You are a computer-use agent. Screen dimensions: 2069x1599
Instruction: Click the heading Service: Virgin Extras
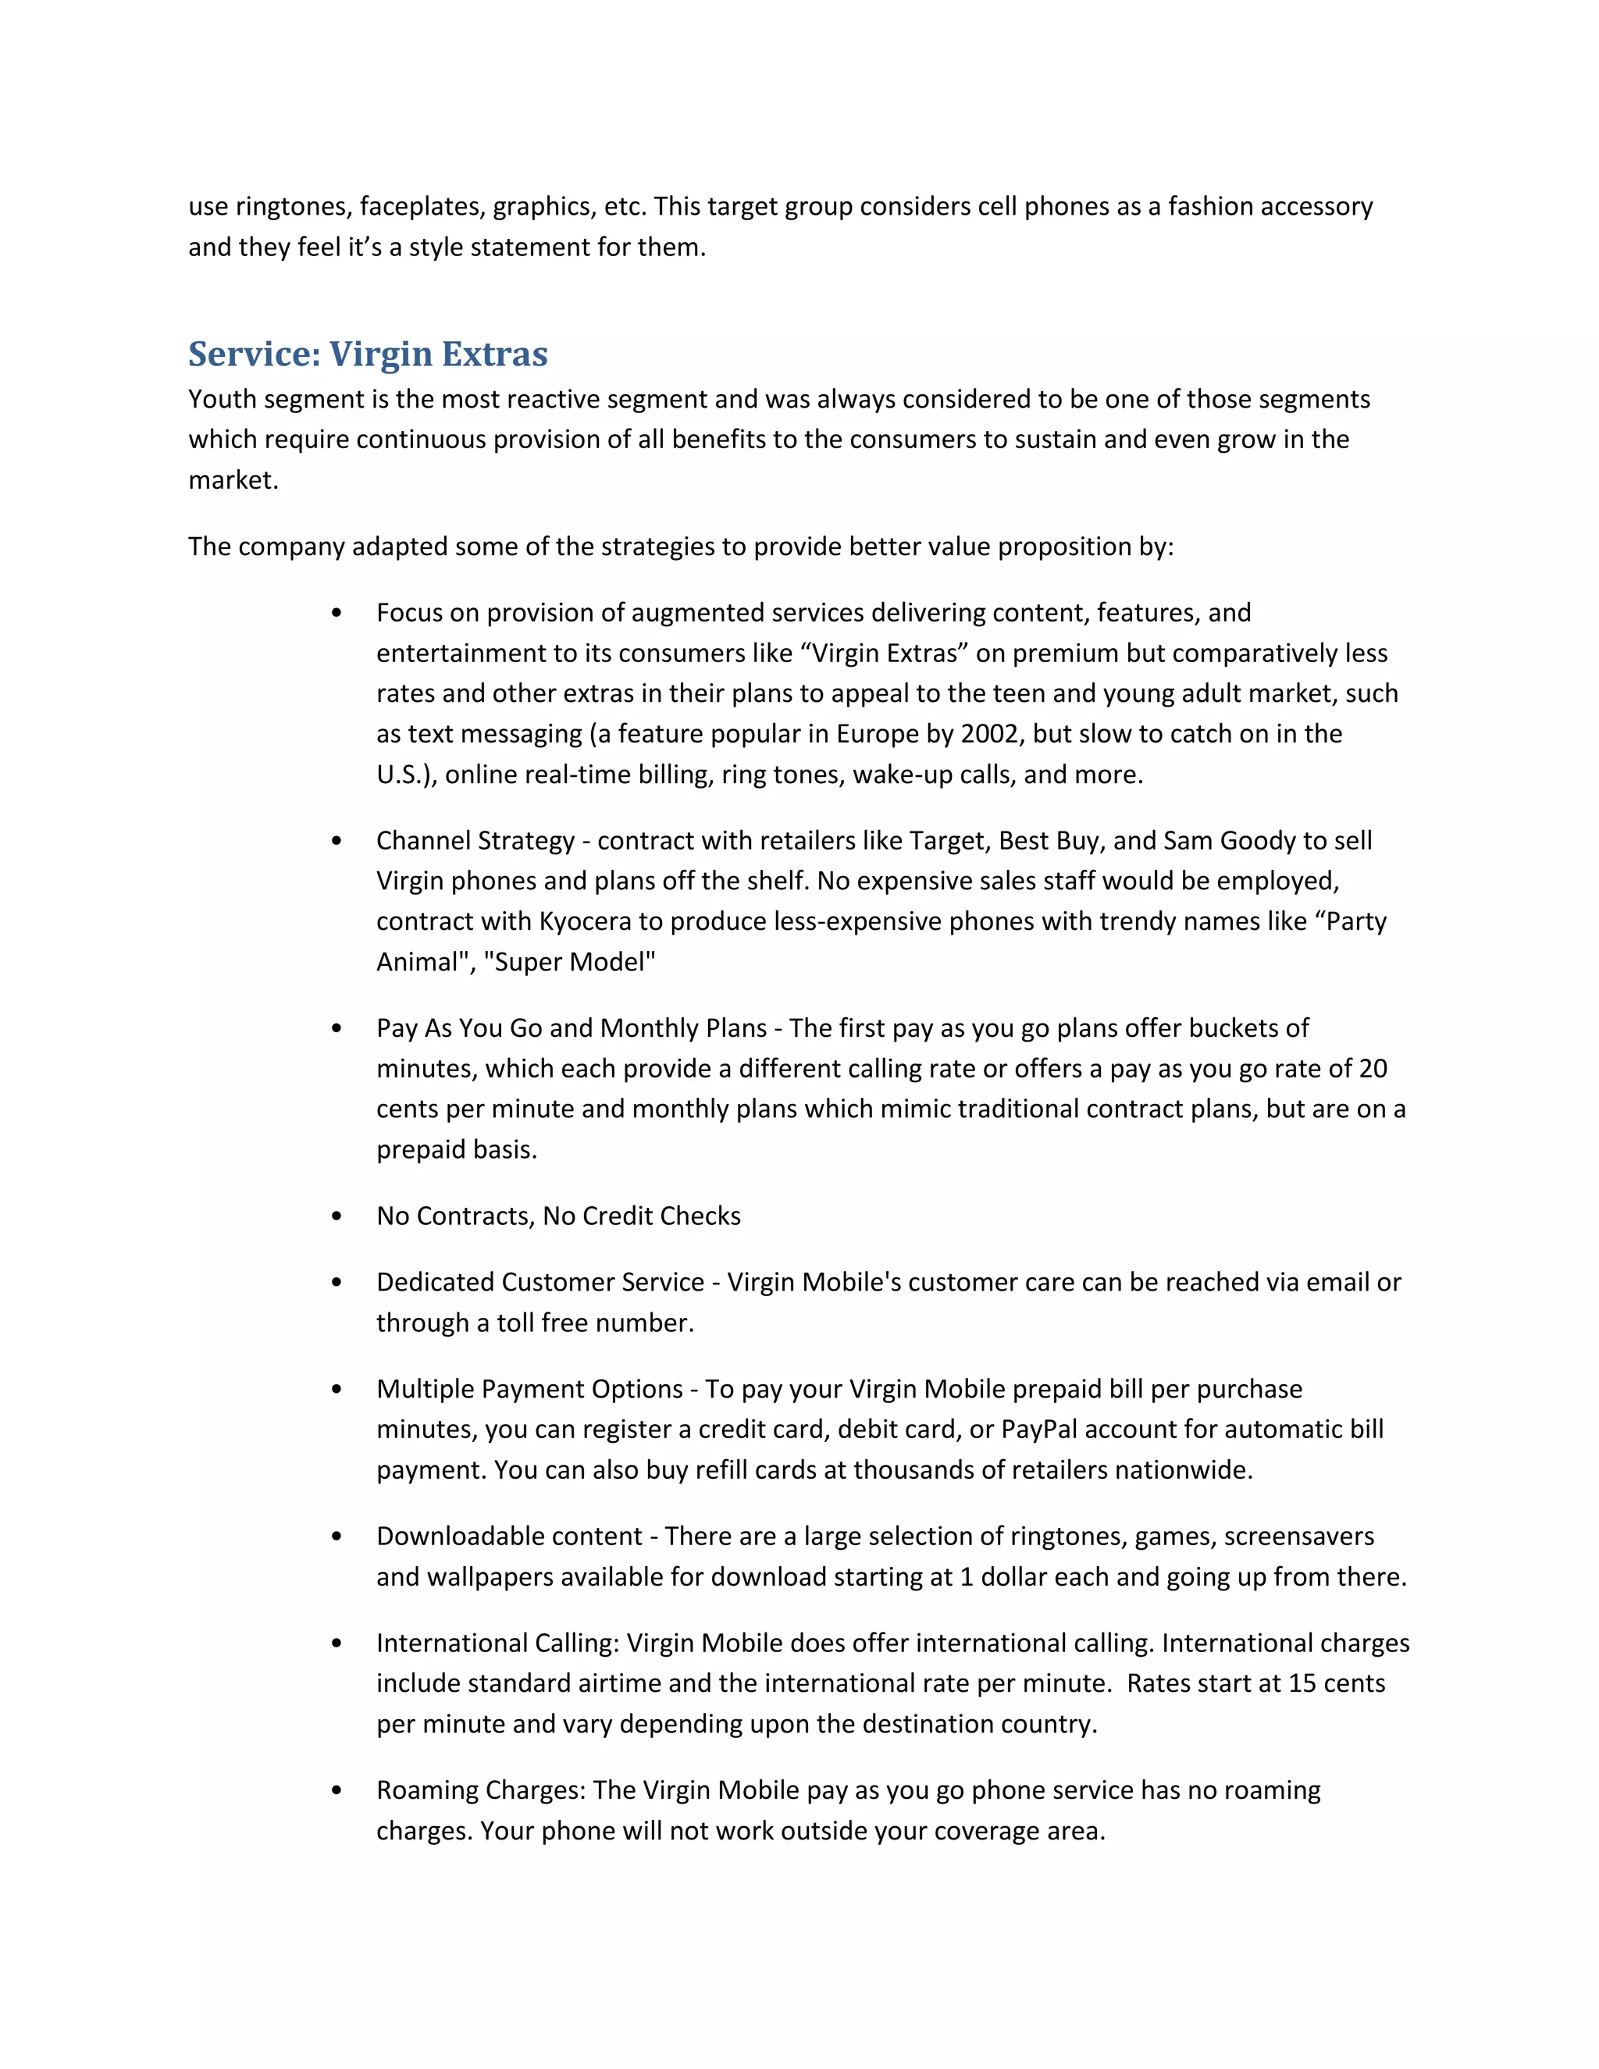(x=368, y=354)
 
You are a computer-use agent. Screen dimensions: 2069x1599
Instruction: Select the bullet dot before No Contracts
(x=337, y=1216)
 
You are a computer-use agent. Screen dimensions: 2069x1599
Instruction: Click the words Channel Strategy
(x=475, y=841)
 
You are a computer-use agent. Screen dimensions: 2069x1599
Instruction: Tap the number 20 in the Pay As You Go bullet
(x=1373, y=1070)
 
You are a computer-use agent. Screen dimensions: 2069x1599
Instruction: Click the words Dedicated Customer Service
(x=540, y=1283)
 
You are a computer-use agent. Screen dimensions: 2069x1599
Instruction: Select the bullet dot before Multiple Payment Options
(x=337, y=1390)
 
